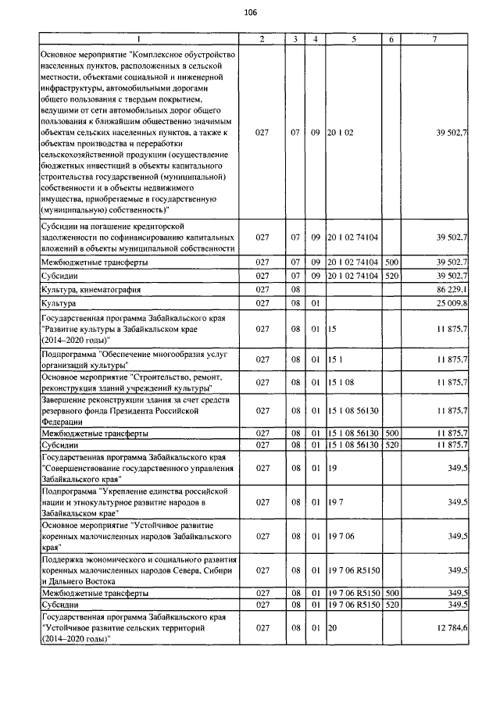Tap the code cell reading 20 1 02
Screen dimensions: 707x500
coord(341,134)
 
